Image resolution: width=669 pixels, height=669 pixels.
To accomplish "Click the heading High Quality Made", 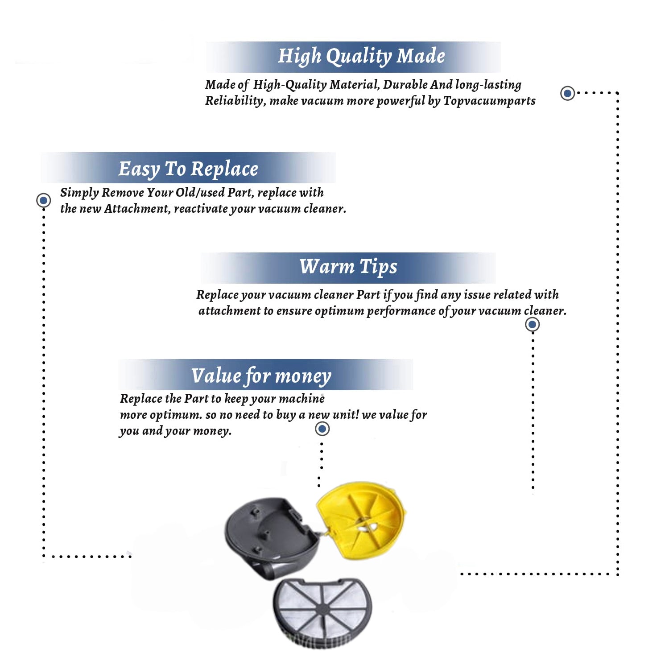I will point(361,56).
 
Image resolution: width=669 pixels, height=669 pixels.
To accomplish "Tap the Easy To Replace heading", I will point(188,169).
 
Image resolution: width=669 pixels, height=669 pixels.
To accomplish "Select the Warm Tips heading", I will point(348,267).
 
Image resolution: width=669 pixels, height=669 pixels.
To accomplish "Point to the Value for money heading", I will point(261,376).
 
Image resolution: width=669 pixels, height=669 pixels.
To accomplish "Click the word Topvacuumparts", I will point(489,101).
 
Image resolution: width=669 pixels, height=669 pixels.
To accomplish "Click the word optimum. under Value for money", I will point(176,415).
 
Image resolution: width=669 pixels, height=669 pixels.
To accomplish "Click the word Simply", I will point(79,193).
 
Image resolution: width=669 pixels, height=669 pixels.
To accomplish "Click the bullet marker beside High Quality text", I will point(567,93).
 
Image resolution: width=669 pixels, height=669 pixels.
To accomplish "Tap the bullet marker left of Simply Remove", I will point(43,200).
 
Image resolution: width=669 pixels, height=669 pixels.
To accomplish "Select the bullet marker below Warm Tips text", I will point(532,324).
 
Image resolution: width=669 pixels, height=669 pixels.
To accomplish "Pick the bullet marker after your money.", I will point(322,429).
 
